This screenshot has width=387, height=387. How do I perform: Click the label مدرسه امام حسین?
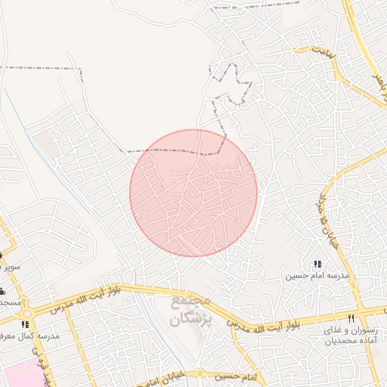pyautogui.click(x=317, y=276)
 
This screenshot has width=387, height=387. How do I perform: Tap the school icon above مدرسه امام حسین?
pyautogui.click(x=317, y=264)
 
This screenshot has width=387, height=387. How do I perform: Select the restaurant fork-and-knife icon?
pyautogui.click(x=351, y=318)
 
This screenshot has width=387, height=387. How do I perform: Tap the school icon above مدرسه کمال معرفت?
pyautogui.click(x=25, y=324)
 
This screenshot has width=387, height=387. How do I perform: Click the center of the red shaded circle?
pyautogui.click(x=193, y=193)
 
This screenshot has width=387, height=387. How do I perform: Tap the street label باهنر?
pyautogui.click(x=377, y=80)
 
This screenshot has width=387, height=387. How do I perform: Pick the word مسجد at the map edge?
pyautogui.click(x=9, y=301)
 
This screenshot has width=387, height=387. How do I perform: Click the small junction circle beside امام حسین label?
pyautogui.click(x=200, y=373)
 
